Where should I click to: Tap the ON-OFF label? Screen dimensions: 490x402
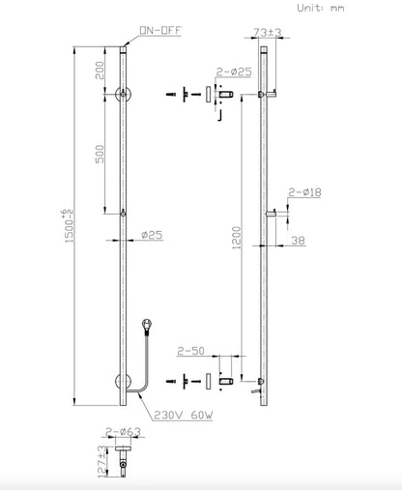157,33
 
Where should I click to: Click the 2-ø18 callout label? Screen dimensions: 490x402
305,193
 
